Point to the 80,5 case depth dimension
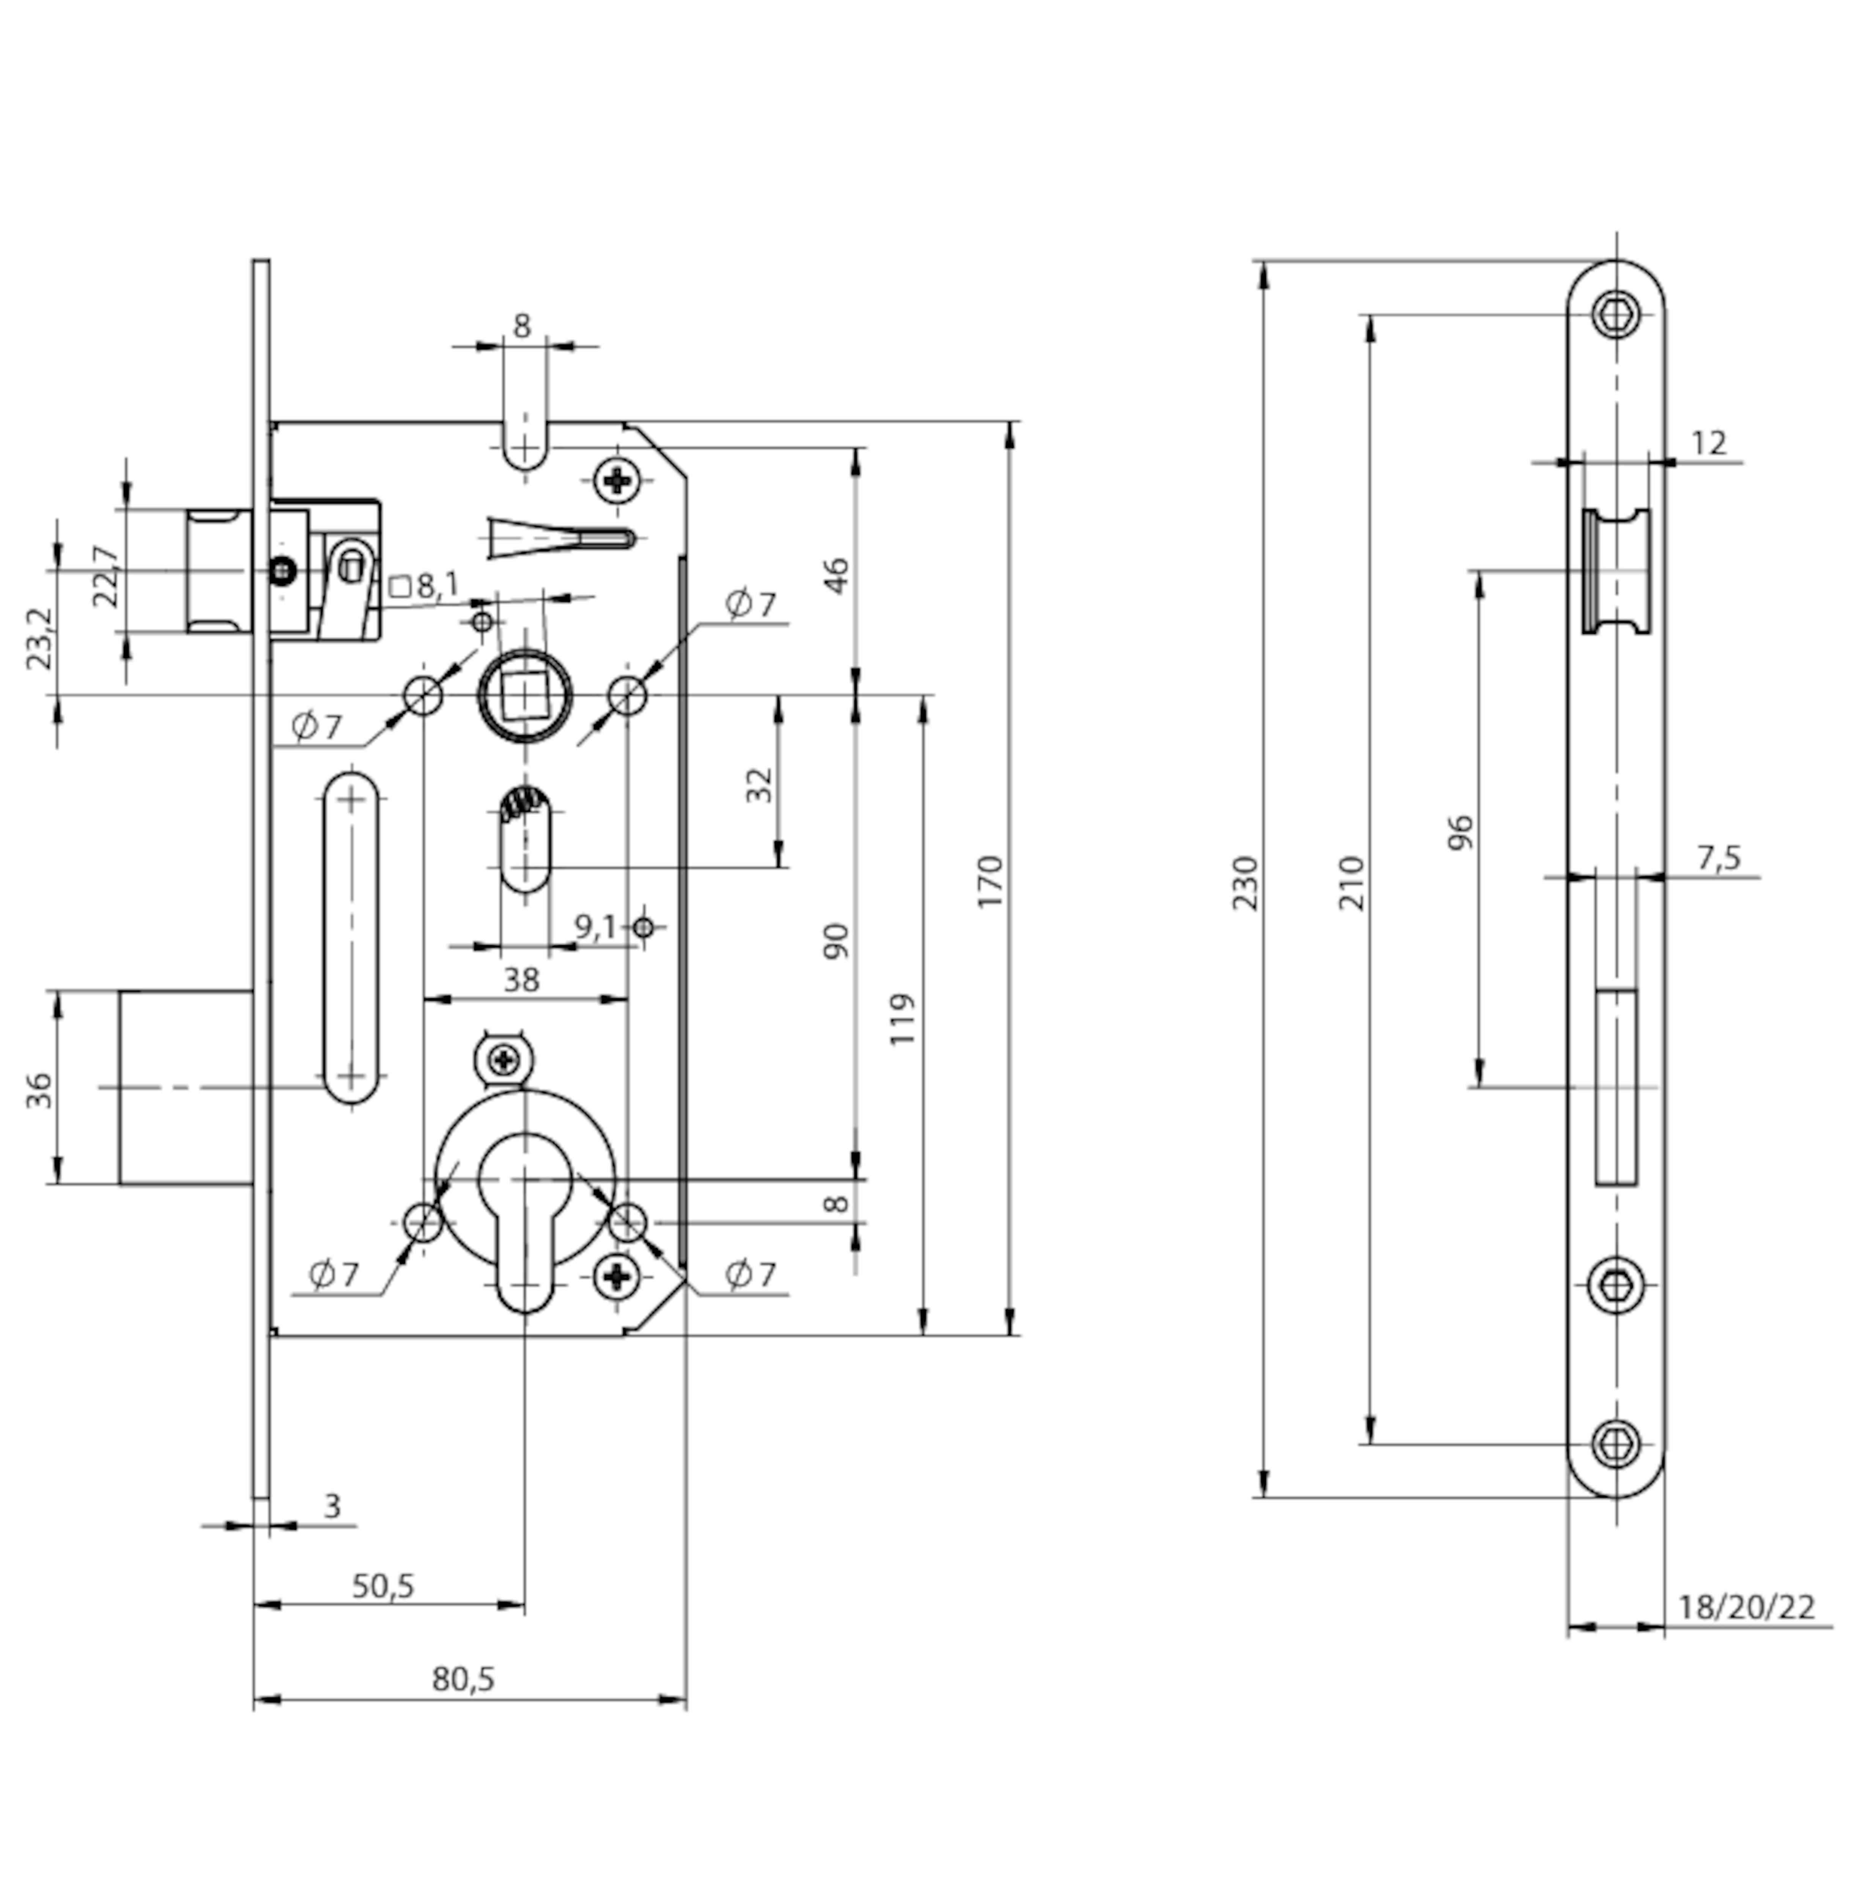click(464, 1679)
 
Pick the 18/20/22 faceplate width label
click(1745, 1607)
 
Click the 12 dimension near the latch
click(1709, 443)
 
